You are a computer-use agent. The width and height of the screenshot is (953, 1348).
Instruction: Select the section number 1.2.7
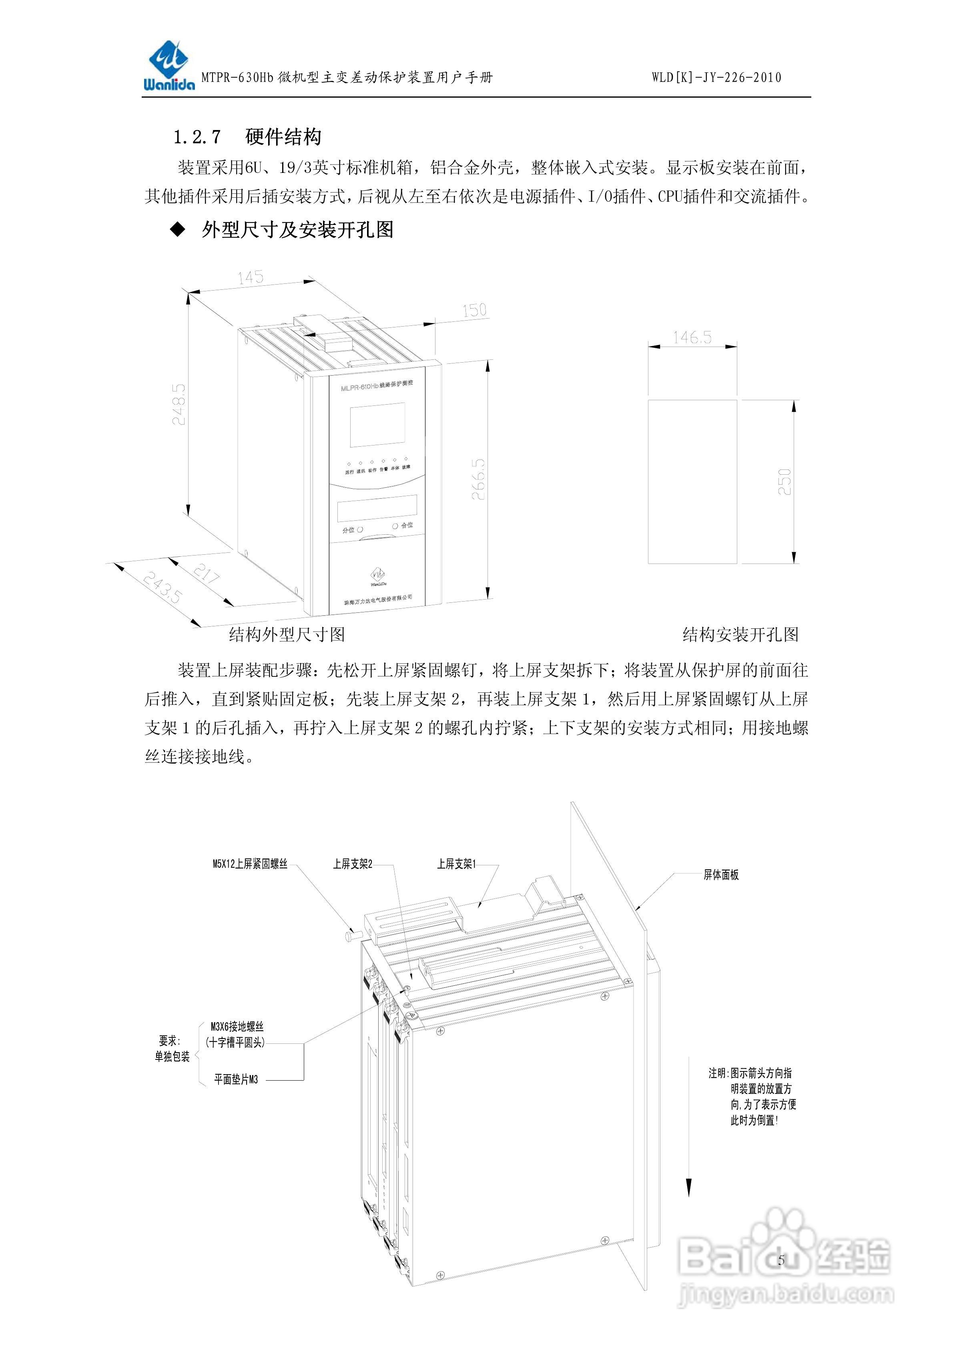pyautogui.click(x=197, y=137)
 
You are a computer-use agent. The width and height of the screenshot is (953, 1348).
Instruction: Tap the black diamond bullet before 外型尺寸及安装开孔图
pyautogui.click(x=177, y=230)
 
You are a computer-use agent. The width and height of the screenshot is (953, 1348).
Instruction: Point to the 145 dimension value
pyautogui.click(x=251, y=277)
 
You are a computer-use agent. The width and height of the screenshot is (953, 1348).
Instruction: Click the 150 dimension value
pyautogui.click(x=474, y=310)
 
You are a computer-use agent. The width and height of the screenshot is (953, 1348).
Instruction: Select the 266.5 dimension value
pyautogui.click(x=479, y=479)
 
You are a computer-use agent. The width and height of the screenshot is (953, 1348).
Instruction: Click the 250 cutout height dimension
pyautogui.click(x=784, y=481)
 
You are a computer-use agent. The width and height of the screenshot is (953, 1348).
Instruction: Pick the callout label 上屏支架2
pyautogui.click(x=352, y=864)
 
